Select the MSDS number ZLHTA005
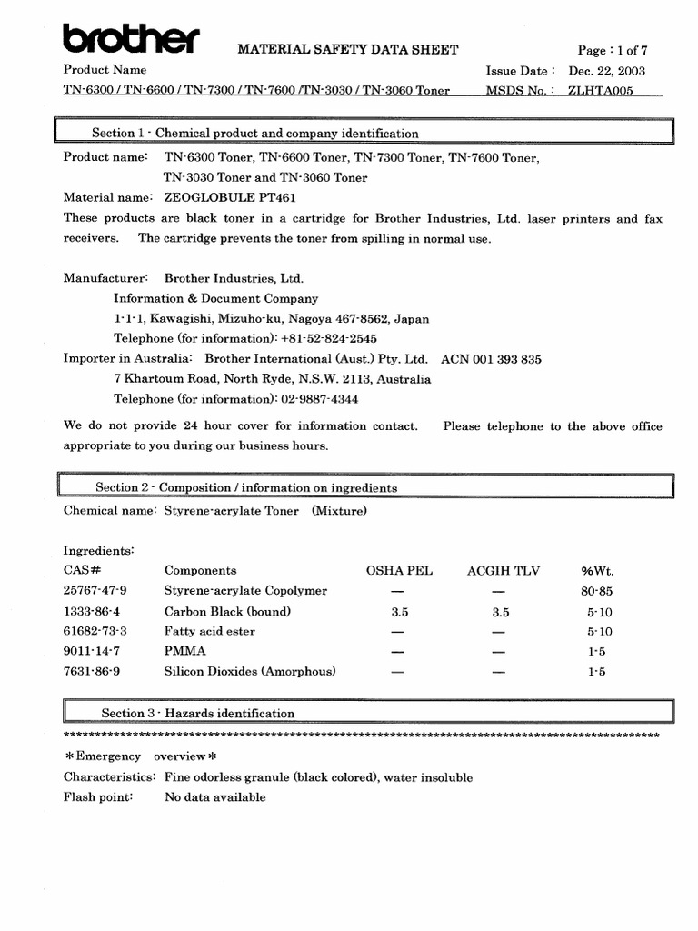tap(601, 91)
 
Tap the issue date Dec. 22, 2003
tap(607, 70)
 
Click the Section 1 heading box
tap(364, 133)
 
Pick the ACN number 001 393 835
tap(491, 359)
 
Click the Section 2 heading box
tap(364, 487)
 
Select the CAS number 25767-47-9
tap(95, 591)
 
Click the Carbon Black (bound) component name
tap(227, 612)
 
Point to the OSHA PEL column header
tap(399, 571)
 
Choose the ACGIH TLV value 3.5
tap(501, 612)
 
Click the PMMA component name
tap(184, 651)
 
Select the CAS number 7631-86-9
tap(92, 672)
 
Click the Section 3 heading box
tap(364, 713)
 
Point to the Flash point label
tap(98, 797)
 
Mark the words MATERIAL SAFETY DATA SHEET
tap(348, 50)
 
